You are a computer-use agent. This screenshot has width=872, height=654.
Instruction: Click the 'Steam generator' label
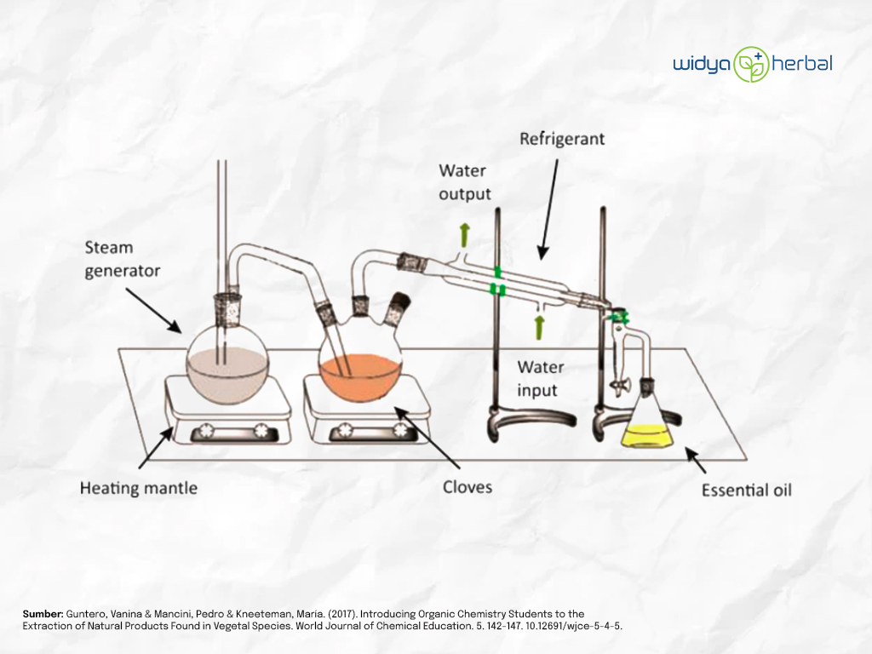[123, 259]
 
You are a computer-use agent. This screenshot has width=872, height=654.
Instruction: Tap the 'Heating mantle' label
[139, 488]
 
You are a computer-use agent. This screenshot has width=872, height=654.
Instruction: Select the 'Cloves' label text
[468, 487]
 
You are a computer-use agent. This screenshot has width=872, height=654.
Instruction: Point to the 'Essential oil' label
[746, 490]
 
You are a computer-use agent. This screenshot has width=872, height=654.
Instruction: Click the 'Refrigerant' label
[562, 139]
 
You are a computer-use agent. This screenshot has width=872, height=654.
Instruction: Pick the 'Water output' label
[465, 182]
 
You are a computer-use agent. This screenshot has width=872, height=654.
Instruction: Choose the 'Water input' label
[541, 378]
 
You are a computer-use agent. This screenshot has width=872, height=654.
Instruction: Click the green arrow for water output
[464, 235]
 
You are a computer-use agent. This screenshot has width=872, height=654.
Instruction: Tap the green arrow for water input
[538, 328]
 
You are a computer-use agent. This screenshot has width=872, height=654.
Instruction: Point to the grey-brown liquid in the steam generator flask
[227, 375]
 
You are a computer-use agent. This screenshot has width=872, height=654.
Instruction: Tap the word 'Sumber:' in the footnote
[43, 614]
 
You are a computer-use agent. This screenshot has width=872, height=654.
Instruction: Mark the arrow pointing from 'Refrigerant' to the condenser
[549, 209]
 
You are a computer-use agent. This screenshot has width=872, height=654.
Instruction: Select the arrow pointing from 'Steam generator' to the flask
[153, 311]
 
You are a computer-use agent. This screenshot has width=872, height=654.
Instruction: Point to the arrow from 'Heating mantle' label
[156, 448]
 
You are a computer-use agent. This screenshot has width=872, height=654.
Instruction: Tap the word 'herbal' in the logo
[802, 63]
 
